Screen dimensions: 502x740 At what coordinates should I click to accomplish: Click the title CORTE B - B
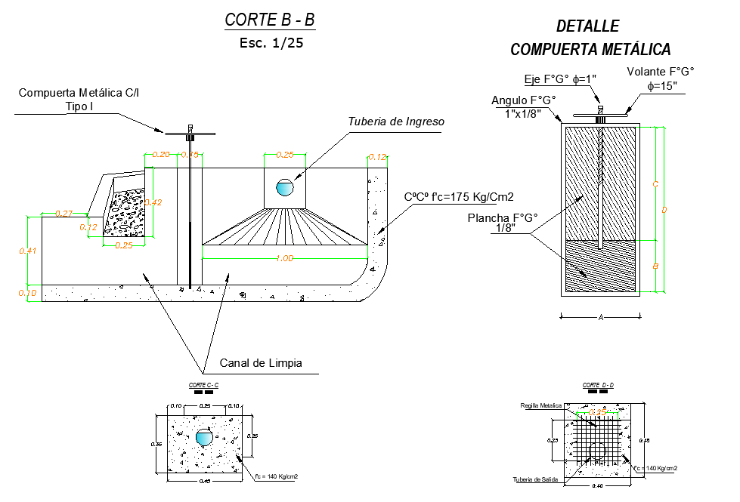[270, 20]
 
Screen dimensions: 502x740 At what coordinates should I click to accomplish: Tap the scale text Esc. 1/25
[271, 43]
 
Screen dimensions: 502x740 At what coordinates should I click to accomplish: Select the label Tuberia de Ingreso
[395, 122]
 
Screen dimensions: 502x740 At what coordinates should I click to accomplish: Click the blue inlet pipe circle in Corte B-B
[284, 187]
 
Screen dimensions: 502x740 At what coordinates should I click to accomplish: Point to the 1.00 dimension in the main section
[285, 258]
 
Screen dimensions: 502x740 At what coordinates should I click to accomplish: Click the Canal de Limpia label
[261, 363]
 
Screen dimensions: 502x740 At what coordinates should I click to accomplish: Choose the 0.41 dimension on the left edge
[27, 251]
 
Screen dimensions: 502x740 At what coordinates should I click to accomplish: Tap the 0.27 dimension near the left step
[64, 214]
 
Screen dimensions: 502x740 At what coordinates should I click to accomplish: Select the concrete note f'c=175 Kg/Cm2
[459, 197]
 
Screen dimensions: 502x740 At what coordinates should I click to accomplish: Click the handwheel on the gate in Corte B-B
[190, 134]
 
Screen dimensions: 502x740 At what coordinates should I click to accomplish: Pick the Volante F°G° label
[660, 72]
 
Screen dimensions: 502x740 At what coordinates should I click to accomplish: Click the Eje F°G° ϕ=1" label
[560, 79]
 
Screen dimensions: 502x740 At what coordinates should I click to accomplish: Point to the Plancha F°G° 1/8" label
[503, 222]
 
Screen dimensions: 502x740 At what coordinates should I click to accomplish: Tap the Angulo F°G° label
[523, 100]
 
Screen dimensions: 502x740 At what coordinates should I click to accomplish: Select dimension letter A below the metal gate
[601, 318]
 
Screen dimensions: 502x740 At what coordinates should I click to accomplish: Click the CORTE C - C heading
[203, 386]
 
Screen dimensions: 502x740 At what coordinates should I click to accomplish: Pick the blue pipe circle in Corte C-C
[204, 439]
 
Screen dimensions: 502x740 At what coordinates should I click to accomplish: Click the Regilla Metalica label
[540, 405]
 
